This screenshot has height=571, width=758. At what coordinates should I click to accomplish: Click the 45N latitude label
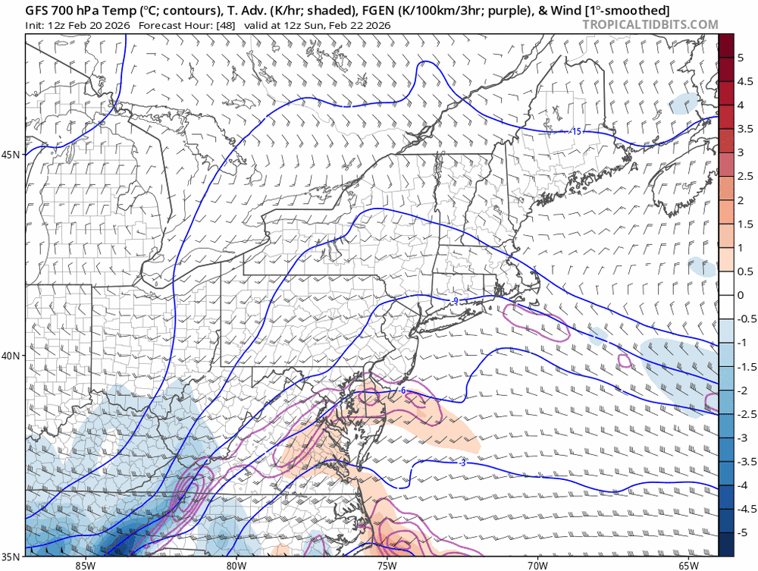click(x=11, y=155)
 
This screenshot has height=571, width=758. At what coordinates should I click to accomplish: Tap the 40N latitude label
click(x=11, y=356)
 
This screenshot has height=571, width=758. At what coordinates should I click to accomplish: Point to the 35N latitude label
click(x=11, y=562)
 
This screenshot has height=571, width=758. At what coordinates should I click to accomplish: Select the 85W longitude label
click(x=85, y=565)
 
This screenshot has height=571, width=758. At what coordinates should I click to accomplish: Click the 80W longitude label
click(x=236, y=565)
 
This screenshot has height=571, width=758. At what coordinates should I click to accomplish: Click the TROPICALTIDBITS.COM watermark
click(x=650, y=25)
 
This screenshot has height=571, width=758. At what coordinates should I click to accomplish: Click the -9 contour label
click(x=454, y=301)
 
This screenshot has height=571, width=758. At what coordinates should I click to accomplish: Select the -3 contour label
click(x=462, y=462)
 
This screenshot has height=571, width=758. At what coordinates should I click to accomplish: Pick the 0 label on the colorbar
click(x=741, y=295)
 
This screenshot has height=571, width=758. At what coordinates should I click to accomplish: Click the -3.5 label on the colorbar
click(x=744, y=461)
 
